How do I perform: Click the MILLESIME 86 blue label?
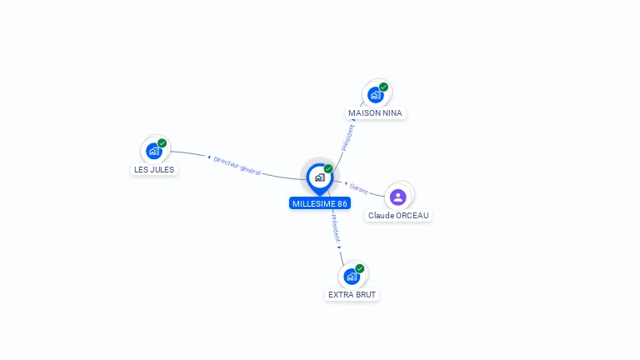click(320, 203)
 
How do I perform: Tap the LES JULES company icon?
click(154, 152)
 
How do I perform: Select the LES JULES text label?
click(154, 169)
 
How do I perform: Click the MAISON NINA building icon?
click(375, 95)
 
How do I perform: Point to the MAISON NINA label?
click(375, 113)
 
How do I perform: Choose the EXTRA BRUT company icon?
click(352, 277)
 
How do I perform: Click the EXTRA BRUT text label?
click(352, 295)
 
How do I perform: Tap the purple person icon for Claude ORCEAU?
click(398, 197)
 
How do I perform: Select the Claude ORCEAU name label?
click(398, 216)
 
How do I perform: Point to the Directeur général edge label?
click(237, 166)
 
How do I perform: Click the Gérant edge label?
click(359, 188)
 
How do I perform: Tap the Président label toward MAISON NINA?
click(347, 137)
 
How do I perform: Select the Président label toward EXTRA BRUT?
click(336, 228)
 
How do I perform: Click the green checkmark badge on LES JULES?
click(162, 143)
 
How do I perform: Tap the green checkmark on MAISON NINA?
click(383, 87)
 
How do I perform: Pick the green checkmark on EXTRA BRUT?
click(360, 268)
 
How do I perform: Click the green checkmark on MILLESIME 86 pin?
click(328, 168)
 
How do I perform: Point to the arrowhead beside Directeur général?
click(209, 157)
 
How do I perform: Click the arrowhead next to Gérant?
click(346, 183)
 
